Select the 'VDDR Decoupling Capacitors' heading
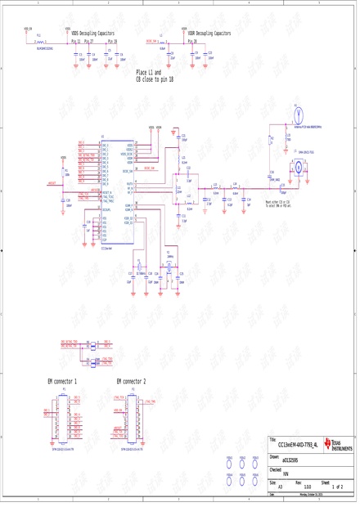209,34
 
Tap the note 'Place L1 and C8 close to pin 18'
155,76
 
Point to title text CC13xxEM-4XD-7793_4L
299,445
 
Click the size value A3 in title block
281,487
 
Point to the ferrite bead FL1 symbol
38,41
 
